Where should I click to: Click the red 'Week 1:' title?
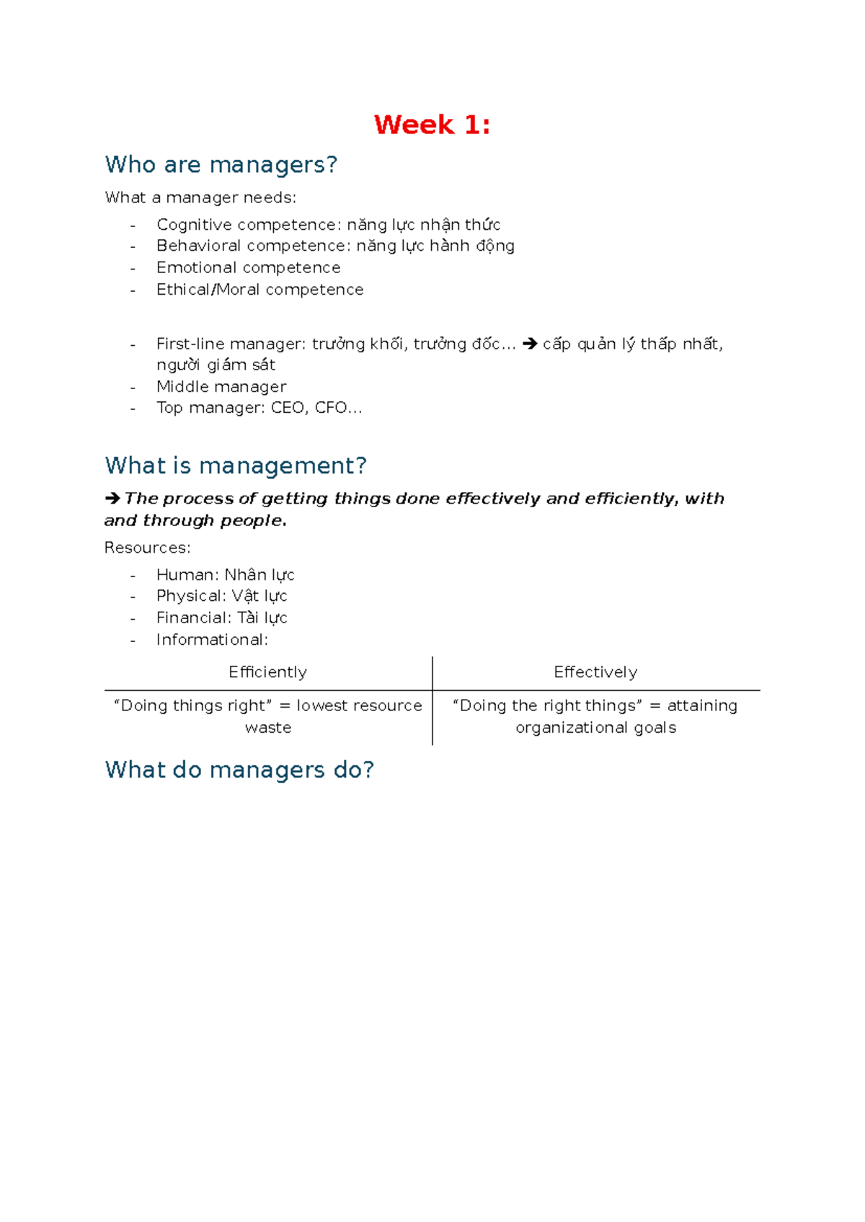[x=432, y=125]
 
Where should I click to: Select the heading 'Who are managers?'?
[x=221, y=165]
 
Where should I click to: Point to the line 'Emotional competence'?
[x=248, y=268]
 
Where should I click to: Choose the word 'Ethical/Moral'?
[x=208, y=290]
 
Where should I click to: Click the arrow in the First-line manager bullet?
[x=530, y=344]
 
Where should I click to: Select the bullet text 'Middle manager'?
[x=221, y=387]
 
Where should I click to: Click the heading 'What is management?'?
[x=236, y=466]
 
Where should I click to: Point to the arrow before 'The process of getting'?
[x=112, y=499]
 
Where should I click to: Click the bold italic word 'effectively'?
[x=492, y=499]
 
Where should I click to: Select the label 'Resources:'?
[x=147, y=548]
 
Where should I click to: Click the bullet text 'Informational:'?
[x=212, y=640]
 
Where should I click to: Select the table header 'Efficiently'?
[x=267, y=672]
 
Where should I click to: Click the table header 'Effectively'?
[x=595, y=672]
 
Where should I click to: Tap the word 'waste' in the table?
[x=268, y=728]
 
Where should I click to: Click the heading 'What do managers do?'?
[x=239, y=770]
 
